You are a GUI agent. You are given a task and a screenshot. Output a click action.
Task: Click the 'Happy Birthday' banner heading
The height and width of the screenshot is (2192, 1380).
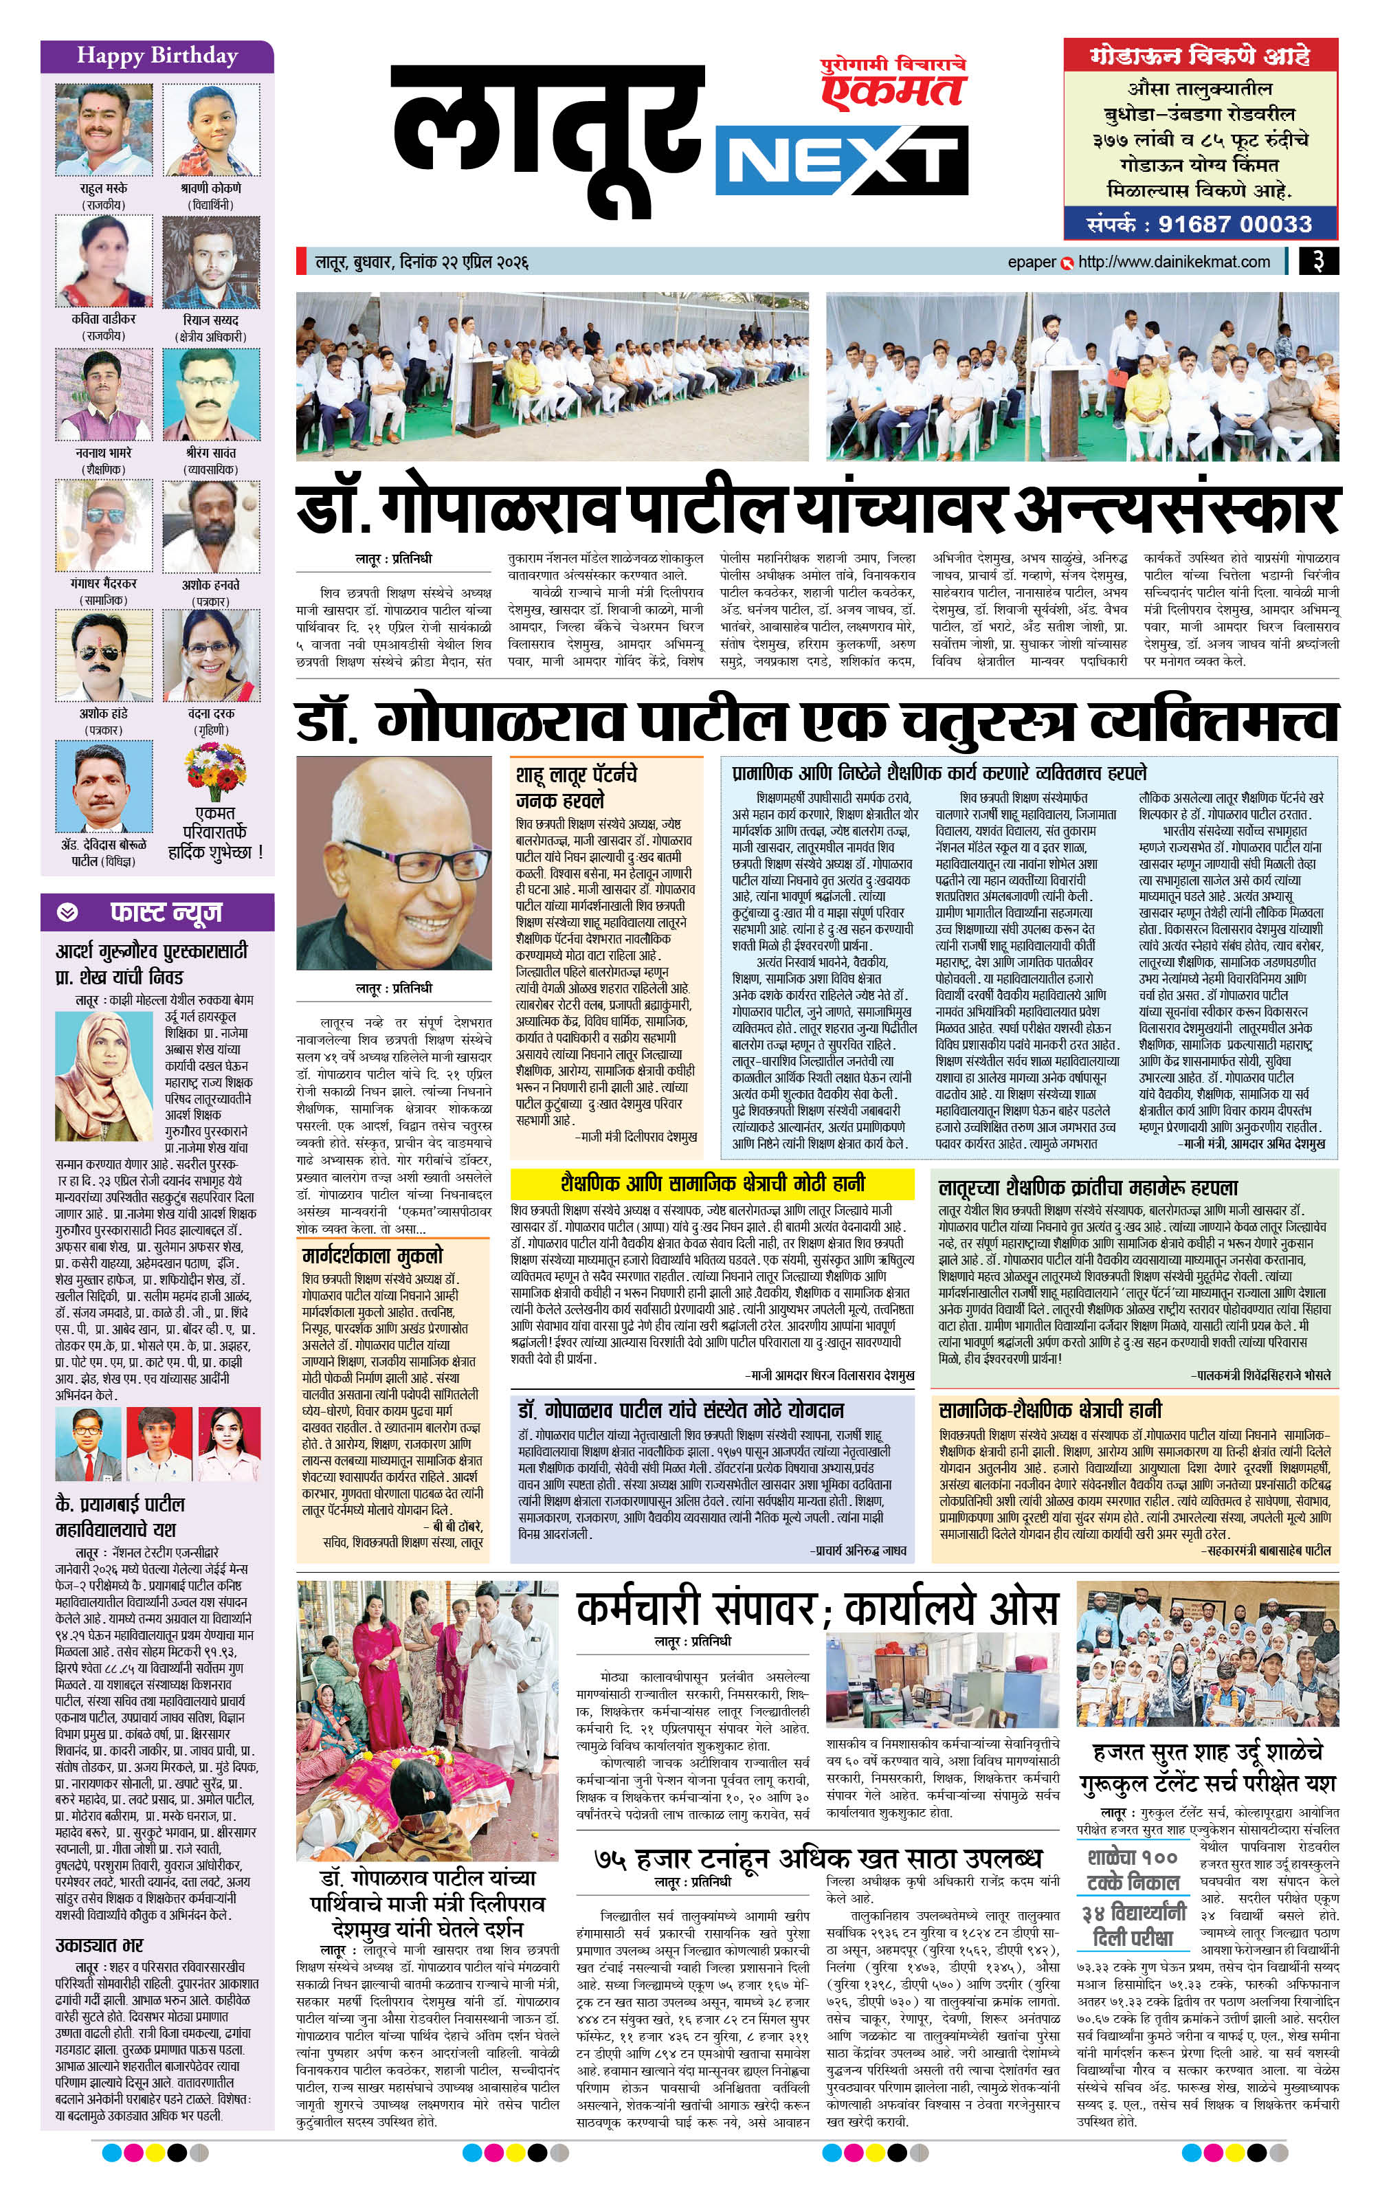click(157, 56)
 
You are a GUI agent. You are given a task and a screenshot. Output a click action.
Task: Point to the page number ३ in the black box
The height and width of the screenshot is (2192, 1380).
click(1317, 261)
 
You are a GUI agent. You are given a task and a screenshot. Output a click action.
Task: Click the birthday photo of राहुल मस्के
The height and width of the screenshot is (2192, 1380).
click(103, 129)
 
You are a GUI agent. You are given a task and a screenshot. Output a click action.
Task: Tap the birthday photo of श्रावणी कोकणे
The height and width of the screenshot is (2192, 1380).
click(211, 129)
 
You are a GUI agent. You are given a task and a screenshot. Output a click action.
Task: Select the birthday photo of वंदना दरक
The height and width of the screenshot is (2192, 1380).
click(211, 656)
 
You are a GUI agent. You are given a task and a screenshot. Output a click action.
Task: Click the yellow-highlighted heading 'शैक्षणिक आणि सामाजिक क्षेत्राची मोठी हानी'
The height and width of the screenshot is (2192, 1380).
click(712, 1184)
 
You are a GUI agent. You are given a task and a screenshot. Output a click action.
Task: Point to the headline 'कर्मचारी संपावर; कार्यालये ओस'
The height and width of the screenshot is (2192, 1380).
click(816, 1609)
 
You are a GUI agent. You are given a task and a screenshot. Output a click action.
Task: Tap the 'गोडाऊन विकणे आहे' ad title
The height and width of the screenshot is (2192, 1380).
click(1200, 56)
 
